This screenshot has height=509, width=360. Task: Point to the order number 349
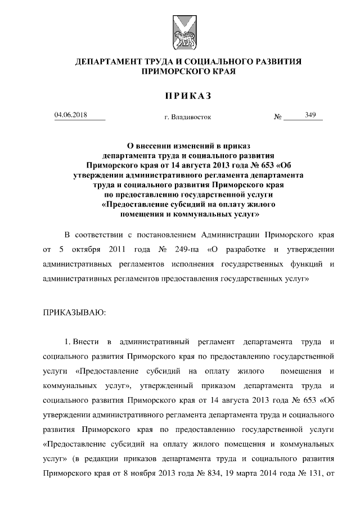[x=310, y=115]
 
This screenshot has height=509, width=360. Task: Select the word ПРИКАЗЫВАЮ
[x=74, y=311]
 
